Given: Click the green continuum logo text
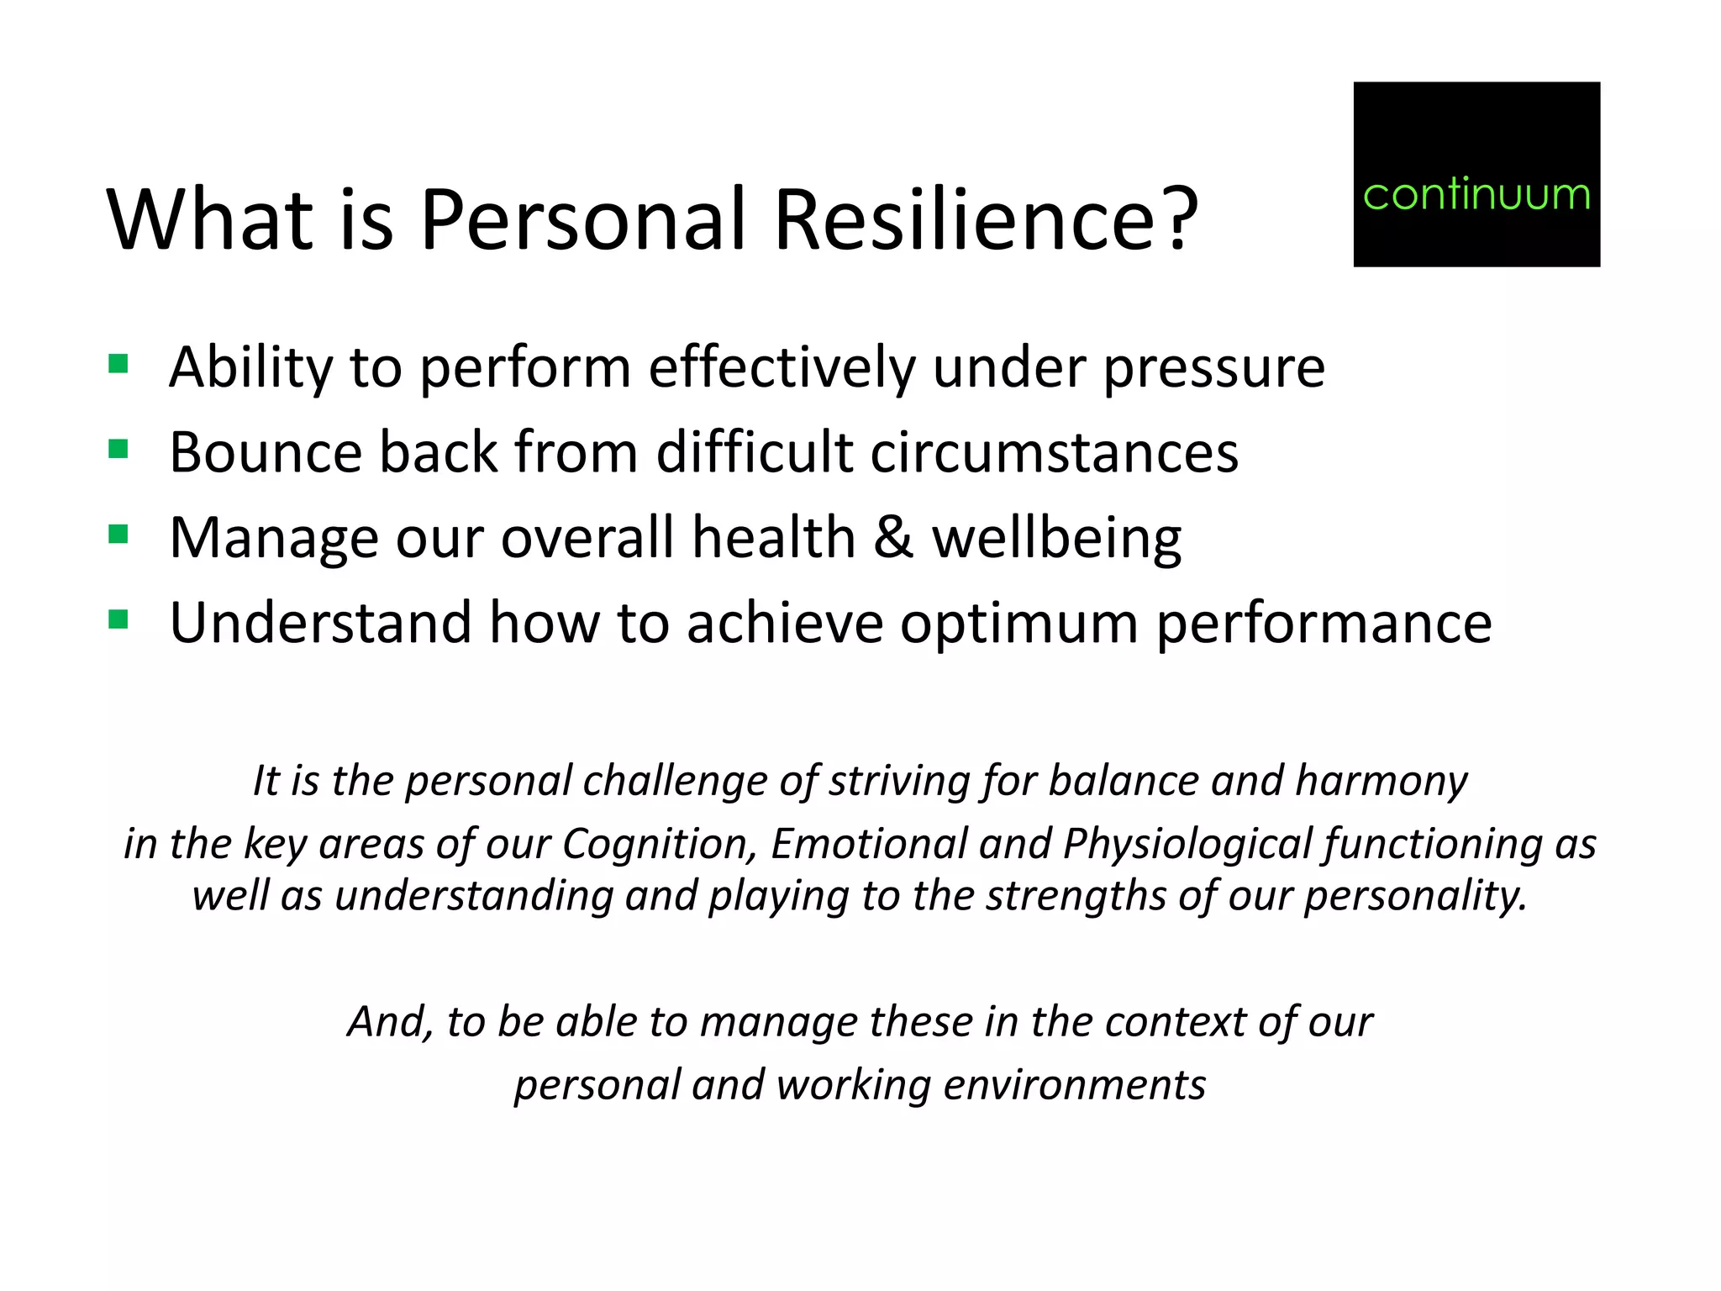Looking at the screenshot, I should [1476, 195].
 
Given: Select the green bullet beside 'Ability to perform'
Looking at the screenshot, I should [118, 364].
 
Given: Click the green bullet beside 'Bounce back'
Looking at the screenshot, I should [118, 450].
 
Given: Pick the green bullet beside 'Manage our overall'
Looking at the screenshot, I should [118, 535].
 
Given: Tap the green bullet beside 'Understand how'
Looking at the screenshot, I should [118, 620].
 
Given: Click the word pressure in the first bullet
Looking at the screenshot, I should [1213, 370].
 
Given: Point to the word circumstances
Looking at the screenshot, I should [1054, 453].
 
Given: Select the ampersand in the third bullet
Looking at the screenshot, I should [892, 538].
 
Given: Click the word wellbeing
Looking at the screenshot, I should [1056, 540].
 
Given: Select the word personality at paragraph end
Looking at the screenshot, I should [1415, 896].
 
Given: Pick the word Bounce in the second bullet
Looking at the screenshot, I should [266, 453].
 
